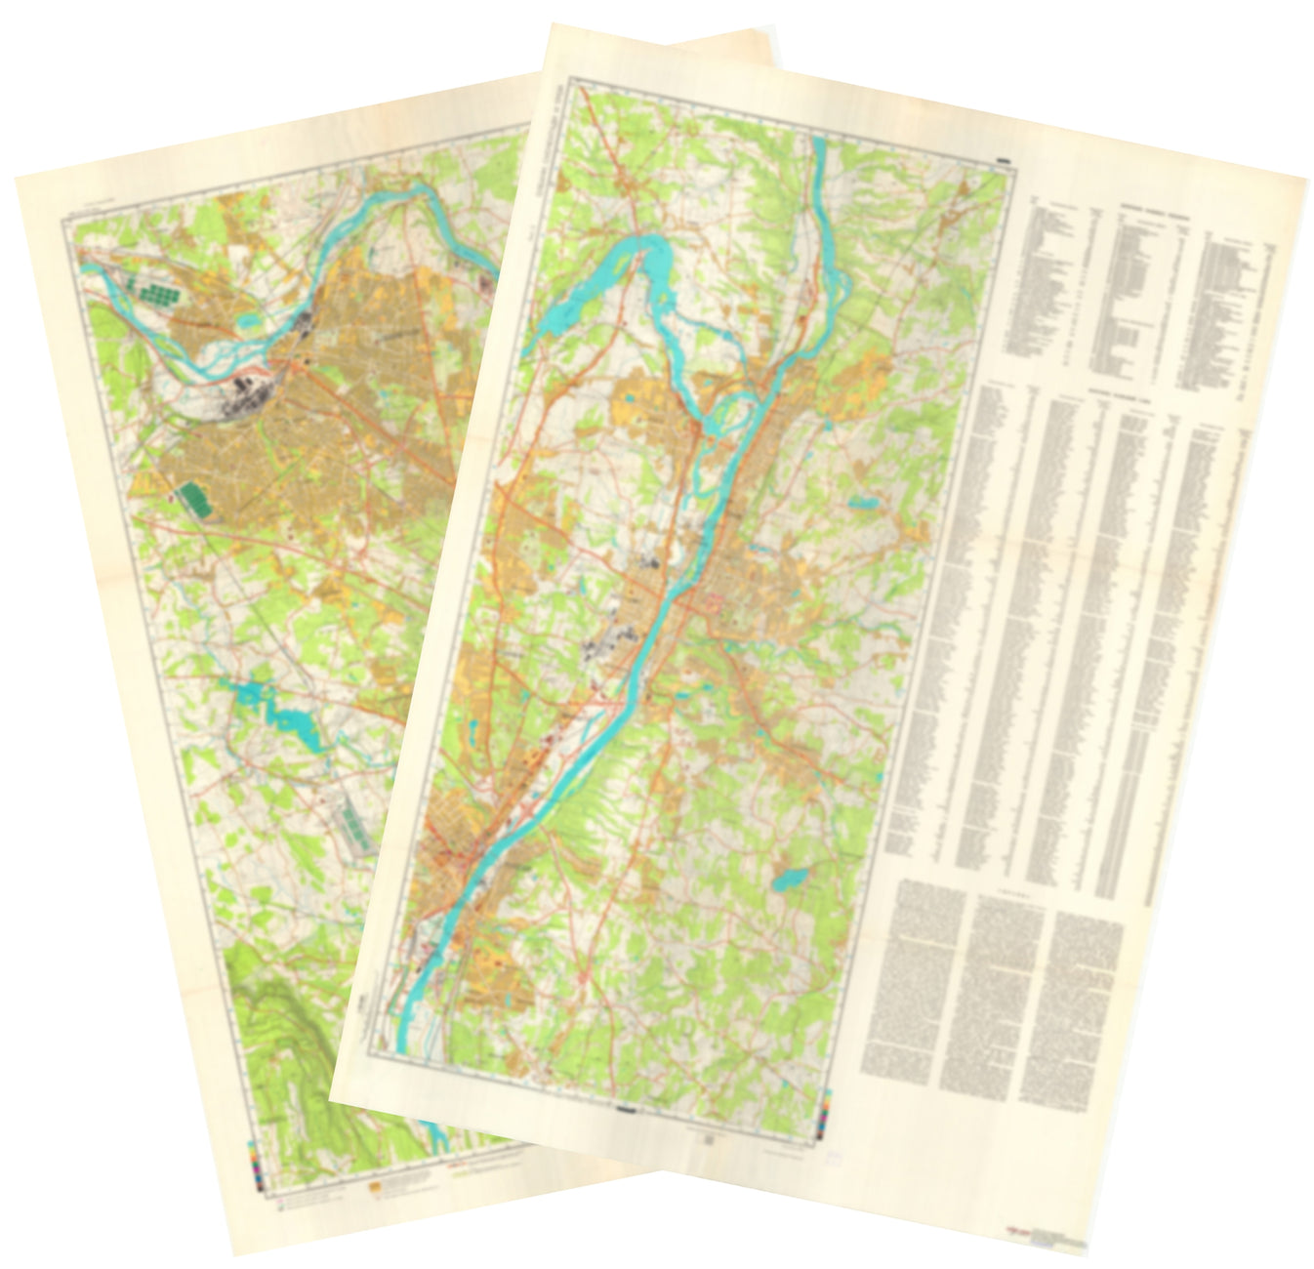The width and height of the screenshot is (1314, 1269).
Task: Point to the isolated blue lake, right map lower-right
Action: [788, 881]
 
